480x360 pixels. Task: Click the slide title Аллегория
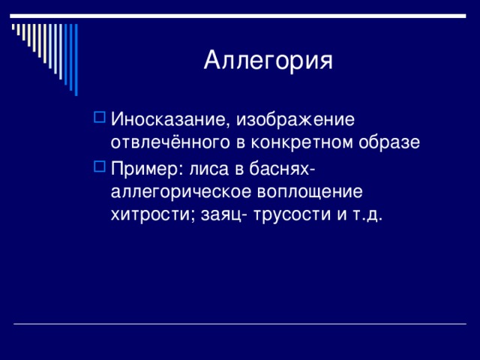pos(268,60)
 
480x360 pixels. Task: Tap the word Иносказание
pos(170,119)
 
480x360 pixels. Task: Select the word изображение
pos(295,119)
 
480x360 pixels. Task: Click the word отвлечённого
pos(170,142)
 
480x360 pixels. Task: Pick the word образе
pos(389,142)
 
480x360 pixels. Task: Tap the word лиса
pos(209,169)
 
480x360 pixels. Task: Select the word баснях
pos(279,169)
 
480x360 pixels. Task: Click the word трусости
pos(292,214)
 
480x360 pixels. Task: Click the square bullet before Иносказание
pos(100,117)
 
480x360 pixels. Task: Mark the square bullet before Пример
pos(100,166)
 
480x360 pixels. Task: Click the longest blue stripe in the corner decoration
pos(76,60)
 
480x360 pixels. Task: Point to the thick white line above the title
pos(238,16)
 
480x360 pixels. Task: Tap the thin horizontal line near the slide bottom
pos(240,323)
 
